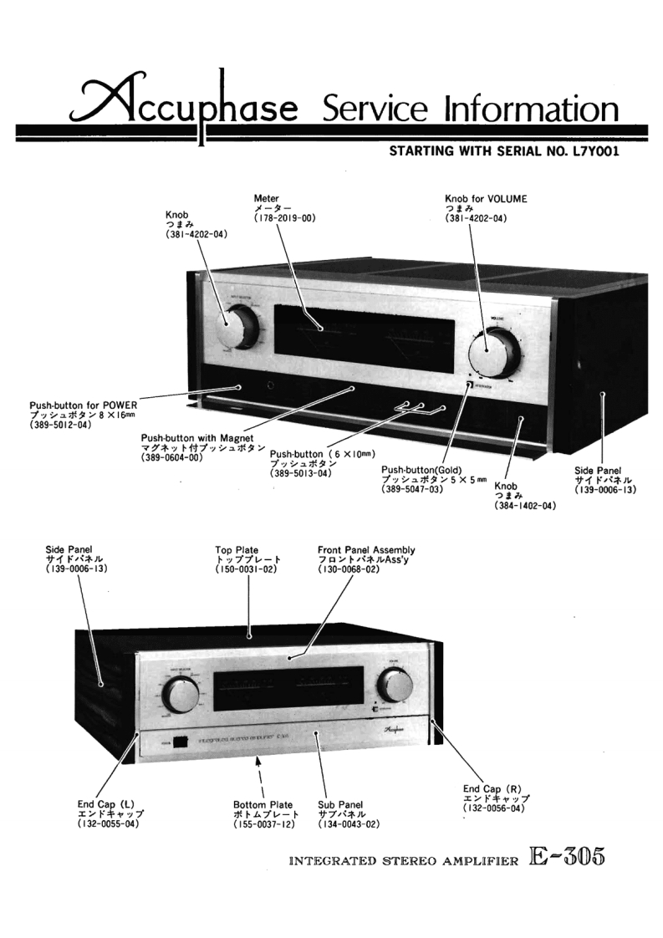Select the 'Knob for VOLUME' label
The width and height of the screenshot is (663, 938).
point(486,199)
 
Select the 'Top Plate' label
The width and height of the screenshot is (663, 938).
point(237,550)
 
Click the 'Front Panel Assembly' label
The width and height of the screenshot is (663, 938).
point(366,550)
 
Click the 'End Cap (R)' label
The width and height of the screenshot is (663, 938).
point(492,788)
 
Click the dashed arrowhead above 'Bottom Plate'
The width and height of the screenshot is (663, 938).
point(260,762)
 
